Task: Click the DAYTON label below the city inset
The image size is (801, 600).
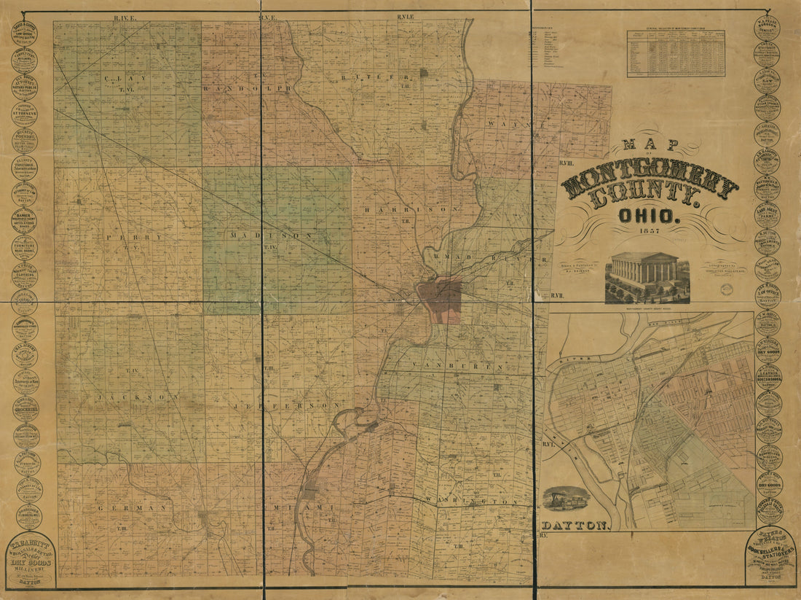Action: click(x=575, y=525)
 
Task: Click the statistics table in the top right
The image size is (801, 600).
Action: click(x=675, y=53)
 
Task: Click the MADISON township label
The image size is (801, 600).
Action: click(x=271, y=235)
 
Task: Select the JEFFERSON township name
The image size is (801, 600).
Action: click(x=288, y=404)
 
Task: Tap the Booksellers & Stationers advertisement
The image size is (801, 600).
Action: click(x=770, y=556)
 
